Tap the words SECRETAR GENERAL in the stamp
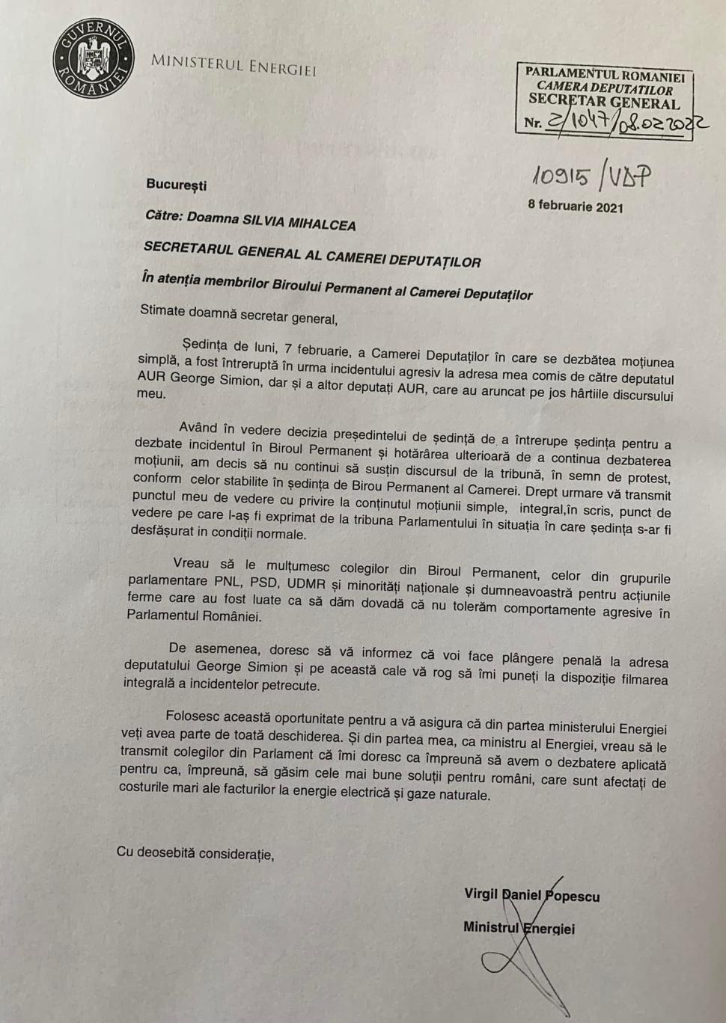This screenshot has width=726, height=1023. pyautogui.click(x=604, y=101)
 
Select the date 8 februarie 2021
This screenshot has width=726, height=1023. pyautogui.click(x=575, y=206)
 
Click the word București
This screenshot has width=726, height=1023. pyautogui.click(x=176, y=185)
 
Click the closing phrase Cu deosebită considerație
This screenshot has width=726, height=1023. pyautogui.click(x=195, y=852)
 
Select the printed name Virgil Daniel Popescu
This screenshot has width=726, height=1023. pyautogui.click(x=531, y=895)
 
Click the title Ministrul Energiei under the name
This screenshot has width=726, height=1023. pyautogui.click(x=519, y=928)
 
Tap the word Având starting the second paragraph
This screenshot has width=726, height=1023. pyautogui.click(x=198, y=428)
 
